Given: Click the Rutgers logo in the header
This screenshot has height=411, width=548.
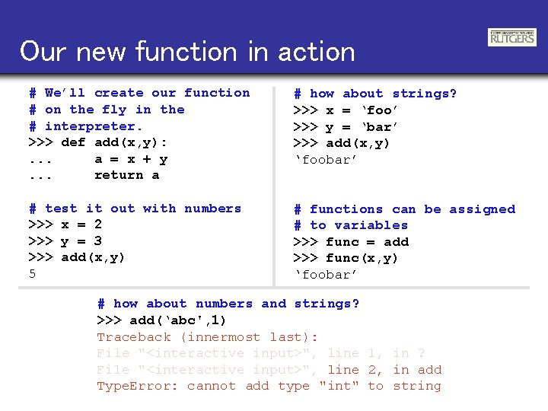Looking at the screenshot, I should tap(511, 37).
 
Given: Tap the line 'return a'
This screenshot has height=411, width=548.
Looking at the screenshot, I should tap(126, 175).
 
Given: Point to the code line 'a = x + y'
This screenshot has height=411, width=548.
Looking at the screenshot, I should tap(131, 159).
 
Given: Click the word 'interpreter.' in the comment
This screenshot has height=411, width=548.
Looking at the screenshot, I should tap(94, 126).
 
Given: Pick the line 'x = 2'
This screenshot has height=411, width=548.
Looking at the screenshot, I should tap(81, 225).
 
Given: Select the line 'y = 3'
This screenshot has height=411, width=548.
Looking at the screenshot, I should tap(81, 241).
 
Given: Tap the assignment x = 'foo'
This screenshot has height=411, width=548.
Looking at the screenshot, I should tap(362, 110).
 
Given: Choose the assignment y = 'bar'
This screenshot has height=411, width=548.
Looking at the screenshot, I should tap(362, 127).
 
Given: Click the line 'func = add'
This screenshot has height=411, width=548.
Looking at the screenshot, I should tap(367, 242).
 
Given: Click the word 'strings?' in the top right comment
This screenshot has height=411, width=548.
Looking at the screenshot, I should tap(424, 94).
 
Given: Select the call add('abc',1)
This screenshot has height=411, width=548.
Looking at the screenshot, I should tap(177, 320).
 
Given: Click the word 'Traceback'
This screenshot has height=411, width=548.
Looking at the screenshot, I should tap(134, 337).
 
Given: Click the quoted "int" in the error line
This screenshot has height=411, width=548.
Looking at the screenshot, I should tap(339, 386).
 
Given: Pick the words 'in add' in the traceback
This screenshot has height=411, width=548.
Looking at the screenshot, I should tap(417, 370).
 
